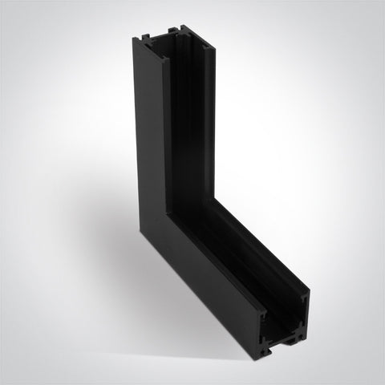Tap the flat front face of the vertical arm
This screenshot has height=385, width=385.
pyautogui.click(x=148, y=136)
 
